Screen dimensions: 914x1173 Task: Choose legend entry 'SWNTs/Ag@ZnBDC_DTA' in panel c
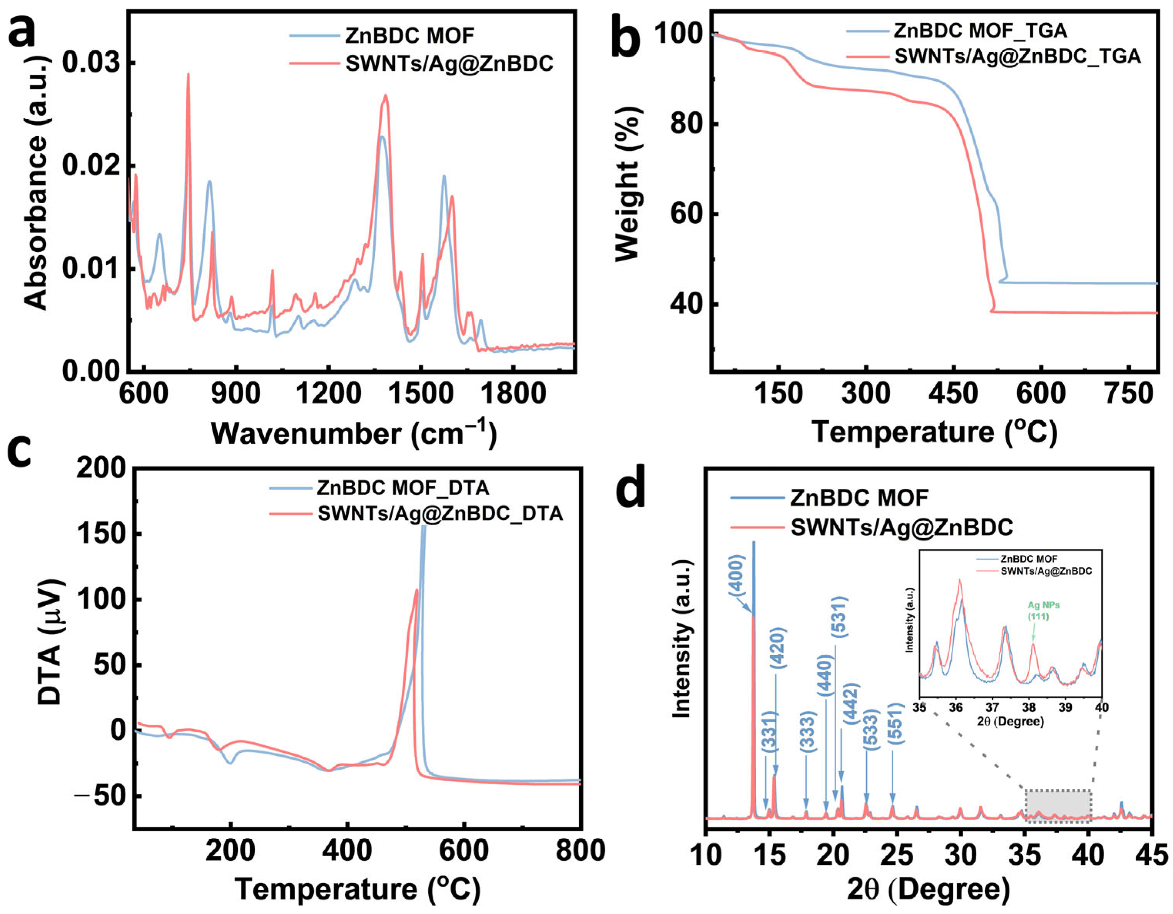coord(440,513)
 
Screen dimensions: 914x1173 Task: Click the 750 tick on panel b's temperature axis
coord(1129,395)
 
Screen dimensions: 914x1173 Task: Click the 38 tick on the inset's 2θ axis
coord(1029,707)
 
